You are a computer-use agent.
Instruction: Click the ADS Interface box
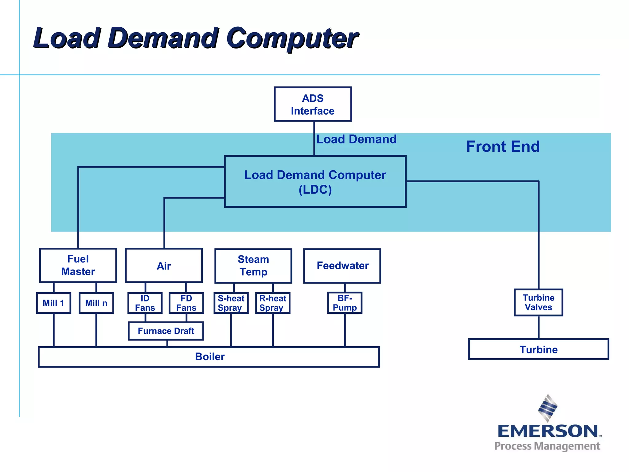point(313,104)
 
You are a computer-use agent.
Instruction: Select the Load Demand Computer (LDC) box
point(315,182)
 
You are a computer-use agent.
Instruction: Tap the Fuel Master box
point(78,265)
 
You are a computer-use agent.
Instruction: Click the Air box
point(164,265)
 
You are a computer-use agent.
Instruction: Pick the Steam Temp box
point(253,266)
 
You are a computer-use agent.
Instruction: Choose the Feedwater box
point(342,266)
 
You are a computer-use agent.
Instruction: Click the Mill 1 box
point(53,303)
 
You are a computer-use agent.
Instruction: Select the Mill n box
point(96,303)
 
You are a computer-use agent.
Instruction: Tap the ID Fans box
point(145,303)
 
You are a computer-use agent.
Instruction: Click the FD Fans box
point(186,303)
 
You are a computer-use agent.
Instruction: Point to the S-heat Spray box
point(231,303)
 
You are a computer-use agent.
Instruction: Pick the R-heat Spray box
point(273,303)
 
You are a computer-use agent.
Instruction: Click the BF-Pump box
point(345,303)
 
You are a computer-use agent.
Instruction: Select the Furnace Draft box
point(166,331)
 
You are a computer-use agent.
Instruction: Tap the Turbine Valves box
point(538,302)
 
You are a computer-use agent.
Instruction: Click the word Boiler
point(210,356)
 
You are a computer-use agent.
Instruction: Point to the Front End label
point(503,147)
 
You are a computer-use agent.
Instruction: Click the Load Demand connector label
point(356,139)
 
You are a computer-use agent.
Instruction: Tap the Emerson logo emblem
point(548,408)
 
